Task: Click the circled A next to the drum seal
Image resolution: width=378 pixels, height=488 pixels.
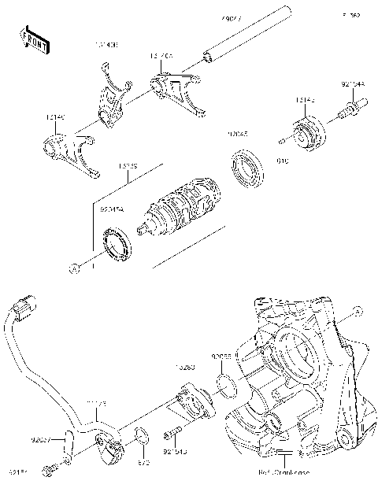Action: [75, 268]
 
